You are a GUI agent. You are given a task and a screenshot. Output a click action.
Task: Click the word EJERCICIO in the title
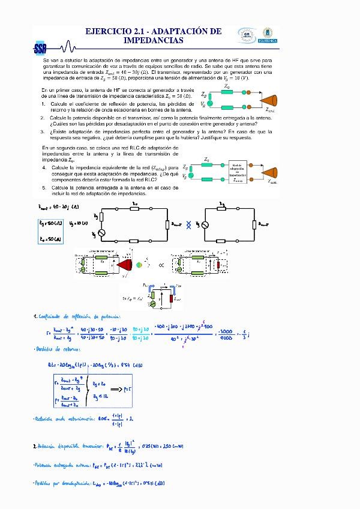point(112,31)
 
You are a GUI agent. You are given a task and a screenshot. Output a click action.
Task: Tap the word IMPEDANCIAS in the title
point(153,40)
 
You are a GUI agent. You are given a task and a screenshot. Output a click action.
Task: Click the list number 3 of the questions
point(44,131)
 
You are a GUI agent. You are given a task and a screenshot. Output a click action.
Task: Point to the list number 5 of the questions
point(44,188)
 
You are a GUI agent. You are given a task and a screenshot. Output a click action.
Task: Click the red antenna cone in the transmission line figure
point(127,264)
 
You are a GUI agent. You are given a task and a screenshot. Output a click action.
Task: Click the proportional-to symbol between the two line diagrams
point(160,264)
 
